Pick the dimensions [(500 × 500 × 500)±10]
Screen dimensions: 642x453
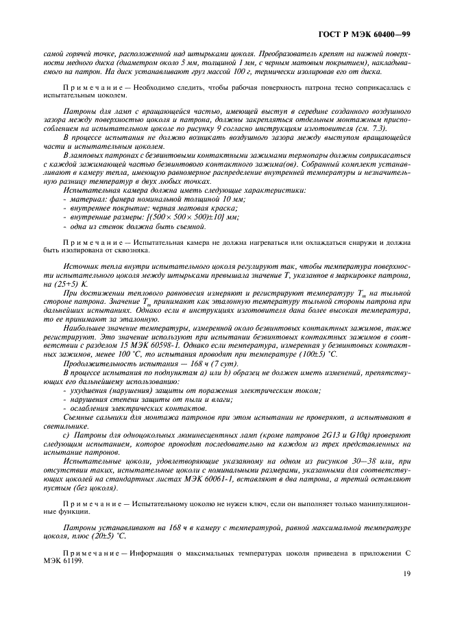coord(190,217)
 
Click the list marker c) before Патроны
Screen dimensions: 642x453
coord(66,435)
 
